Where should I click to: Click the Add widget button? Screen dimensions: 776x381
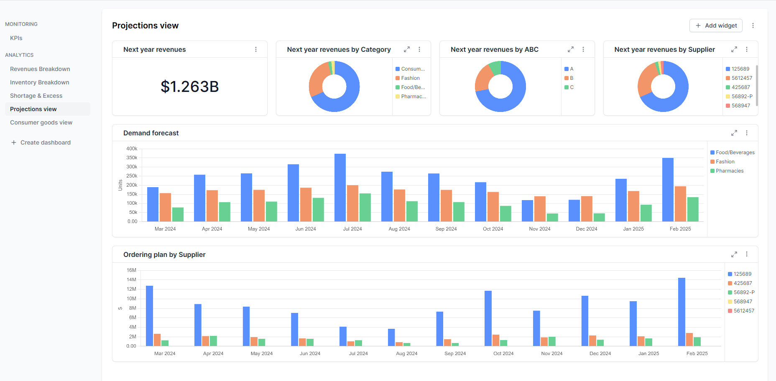716,25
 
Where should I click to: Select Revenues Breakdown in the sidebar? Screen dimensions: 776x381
40,69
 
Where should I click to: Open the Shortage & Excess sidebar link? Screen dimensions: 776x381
36,96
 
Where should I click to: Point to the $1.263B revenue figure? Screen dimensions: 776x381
190,86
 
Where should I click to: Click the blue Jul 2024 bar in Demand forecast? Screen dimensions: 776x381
340,188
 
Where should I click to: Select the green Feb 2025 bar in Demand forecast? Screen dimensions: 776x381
693,209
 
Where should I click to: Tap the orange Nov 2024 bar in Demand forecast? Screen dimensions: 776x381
540,209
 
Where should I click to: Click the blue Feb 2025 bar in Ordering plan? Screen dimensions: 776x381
682,312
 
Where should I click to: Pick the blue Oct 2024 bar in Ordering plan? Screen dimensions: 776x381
488,318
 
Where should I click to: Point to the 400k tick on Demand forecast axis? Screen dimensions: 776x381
132,149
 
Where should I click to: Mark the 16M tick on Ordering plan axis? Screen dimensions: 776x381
131,270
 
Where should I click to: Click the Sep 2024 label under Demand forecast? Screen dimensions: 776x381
446,229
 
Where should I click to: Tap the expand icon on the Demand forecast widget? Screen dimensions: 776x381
734,133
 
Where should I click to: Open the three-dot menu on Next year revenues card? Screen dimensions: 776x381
256,49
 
